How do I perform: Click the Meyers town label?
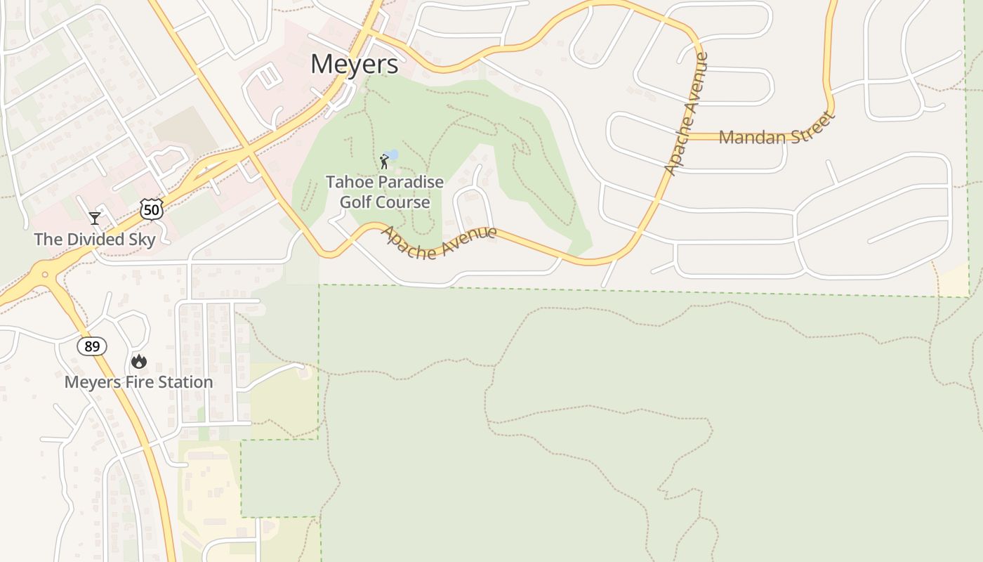point(355,64)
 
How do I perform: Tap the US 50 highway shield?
point(151,209)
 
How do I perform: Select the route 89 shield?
point(92,346)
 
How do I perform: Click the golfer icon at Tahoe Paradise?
point(384,162)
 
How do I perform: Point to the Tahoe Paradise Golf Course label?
point(385,192)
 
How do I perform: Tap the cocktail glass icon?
point(95,218)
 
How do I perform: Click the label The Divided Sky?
point(95,240)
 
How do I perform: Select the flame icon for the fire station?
point(139,362)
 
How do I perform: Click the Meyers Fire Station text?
point(138,382)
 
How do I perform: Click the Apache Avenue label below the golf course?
point(439,242)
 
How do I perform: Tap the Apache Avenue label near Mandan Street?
point(686,115)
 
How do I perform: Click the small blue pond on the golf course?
point(392,154)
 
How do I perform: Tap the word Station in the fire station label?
point(185,382)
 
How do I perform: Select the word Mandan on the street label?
point(746,137)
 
